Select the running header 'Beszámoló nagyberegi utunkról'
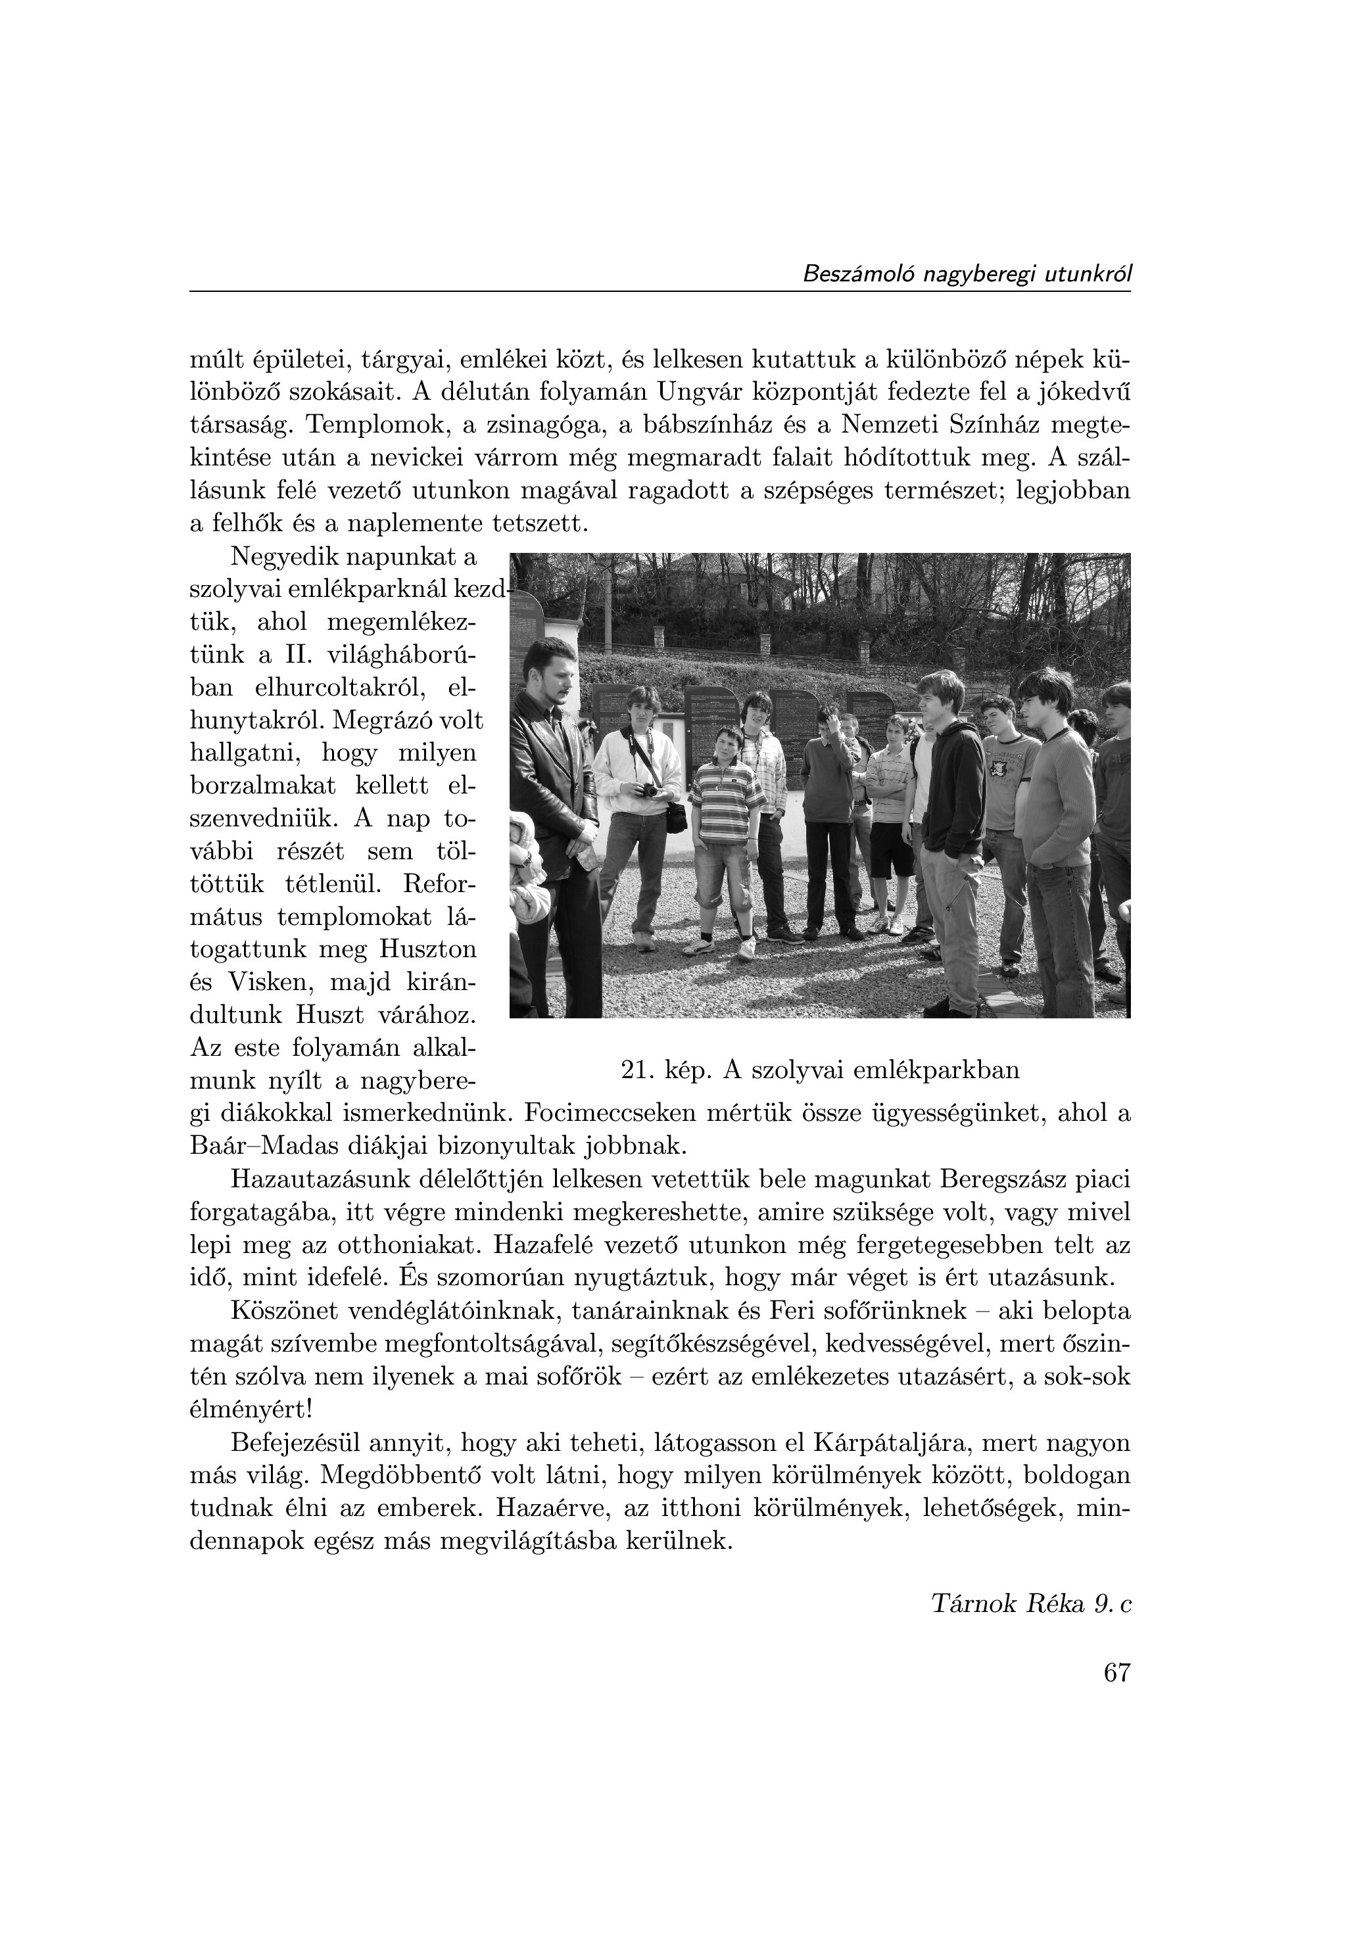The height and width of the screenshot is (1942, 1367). pyautogui.click(x=966, y=274)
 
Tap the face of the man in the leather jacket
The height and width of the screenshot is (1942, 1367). pyautogui.click(x=554, y=673)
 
